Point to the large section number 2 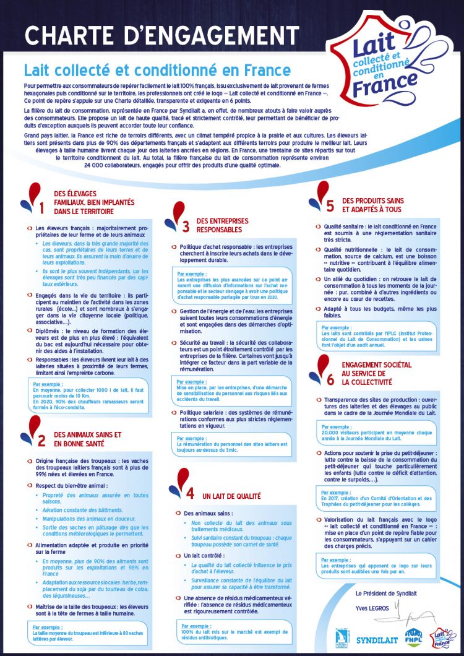[x=41, y=441]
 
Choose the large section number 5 [x=330, y=205]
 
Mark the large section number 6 [x=330, y=379]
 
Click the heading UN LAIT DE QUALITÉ [x=231, y=496]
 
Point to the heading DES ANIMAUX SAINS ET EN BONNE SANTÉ [x=87, y=439]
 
